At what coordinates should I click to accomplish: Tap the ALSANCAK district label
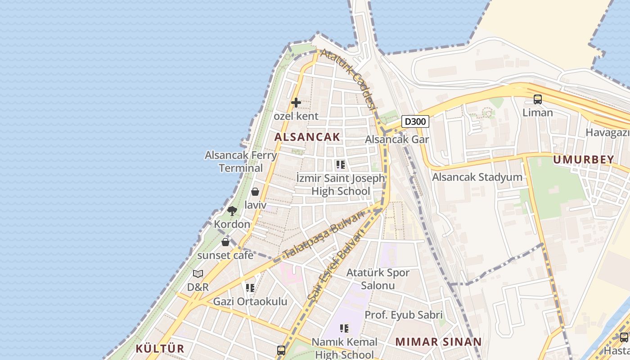[x=307, y=137]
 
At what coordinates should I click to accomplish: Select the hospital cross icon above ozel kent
[x=296, y=103]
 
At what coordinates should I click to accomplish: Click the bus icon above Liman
[x=537, y=99]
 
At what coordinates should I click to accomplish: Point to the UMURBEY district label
[x=583, y=159]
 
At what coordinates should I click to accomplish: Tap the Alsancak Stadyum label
[x=477, y=177]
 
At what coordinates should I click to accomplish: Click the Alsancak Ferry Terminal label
[x=241, y=162]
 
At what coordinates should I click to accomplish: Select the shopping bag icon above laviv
[x=255, y=192]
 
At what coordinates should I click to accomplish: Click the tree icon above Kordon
[x=232, y=211]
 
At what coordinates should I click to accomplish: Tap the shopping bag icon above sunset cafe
[x=225, y=242]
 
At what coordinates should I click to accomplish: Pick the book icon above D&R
[x=198, y=274]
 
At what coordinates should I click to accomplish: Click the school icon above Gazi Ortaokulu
[x=250, y=288]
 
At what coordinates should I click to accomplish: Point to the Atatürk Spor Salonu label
[x=378, y=279]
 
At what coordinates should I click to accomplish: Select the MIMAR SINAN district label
[x=438, y=342]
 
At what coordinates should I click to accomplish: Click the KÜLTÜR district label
[x=160, y=349]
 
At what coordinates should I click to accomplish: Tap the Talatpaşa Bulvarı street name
[x=323, y=235]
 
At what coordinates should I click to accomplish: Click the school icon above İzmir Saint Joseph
[x=340, y=165]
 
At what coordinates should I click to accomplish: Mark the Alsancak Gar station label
[x=396, y=139]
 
